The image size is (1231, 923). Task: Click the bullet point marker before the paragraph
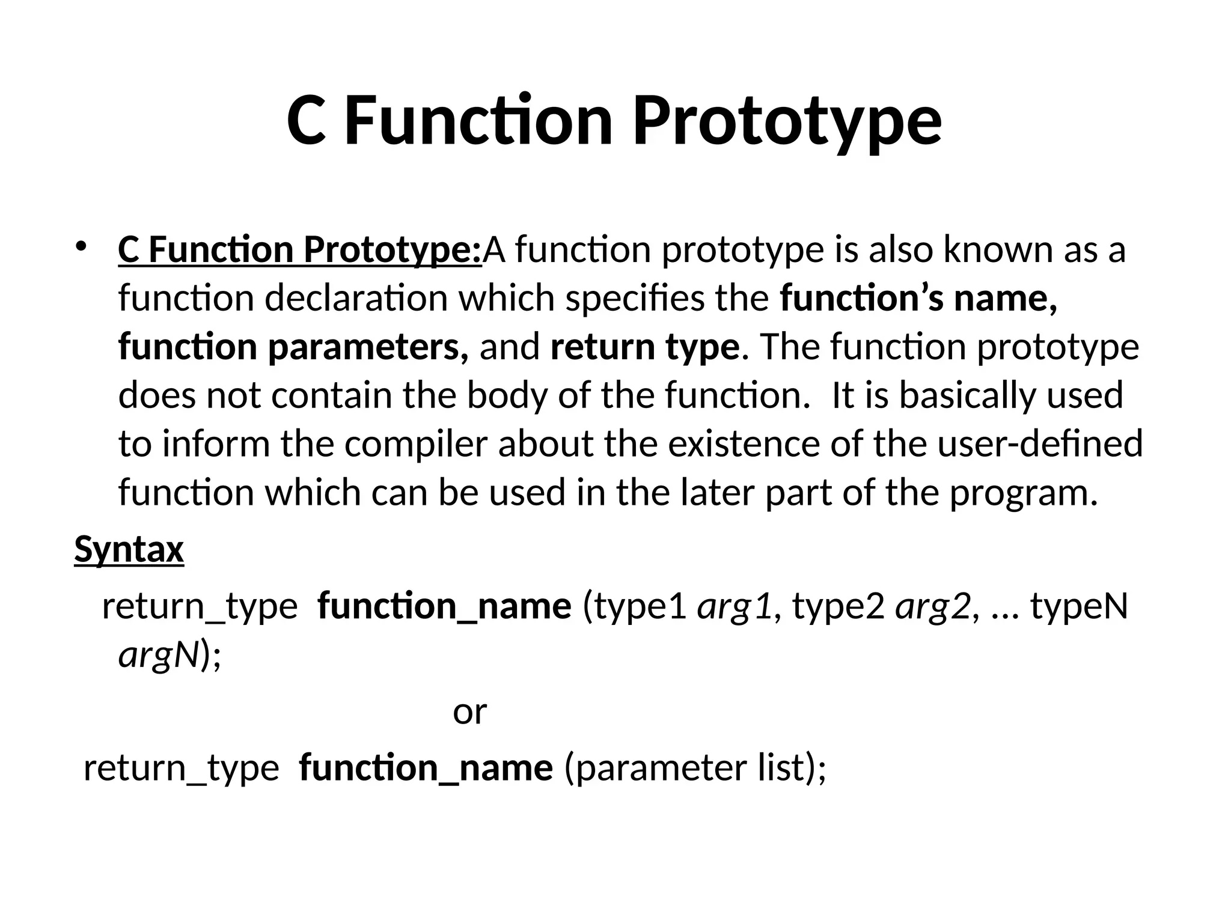[x=82, y=246]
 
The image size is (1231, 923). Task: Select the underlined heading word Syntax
[x=129, y=549]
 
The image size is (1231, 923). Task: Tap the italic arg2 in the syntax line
[x=932, y=606]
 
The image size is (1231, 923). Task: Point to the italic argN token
[x=158, y=654]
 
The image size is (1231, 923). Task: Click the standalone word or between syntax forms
[x=469, y=711]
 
